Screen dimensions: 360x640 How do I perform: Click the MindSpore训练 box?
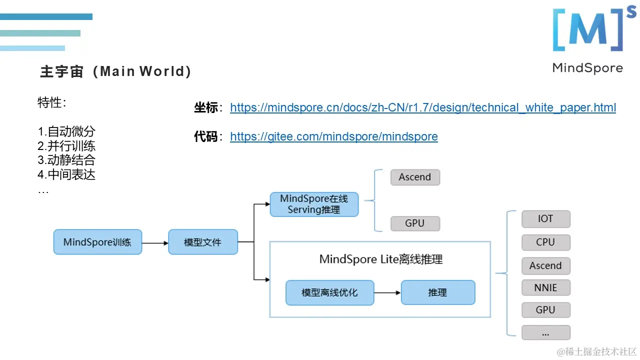97,242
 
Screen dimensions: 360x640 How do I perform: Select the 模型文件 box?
202,242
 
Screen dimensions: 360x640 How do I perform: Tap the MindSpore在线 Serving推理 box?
314,204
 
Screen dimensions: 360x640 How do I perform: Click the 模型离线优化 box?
329,292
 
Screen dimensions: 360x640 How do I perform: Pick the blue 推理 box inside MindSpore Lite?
437,292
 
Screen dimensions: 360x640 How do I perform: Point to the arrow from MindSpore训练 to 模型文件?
155,243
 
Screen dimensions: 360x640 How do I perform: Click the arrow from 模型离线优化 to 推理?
387,292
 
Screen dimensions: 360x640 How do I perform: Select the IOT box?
545,218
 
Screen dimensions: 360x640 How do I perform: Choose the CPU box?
545,242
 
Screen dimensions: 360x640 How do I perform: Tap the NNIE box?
545,287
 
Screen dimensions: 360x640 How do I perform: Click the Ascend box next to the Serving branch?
414,177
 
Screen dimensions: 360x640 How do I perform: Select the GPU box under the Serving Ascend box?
414,223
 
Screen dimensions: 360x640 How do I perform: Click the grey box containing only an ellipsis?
545,332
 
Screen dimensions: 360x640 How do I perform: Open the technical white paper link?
422,107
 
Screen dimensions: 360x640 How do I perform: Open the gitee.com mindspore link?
333,136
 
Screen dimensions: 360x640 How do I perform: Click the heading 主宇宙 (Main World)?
115,71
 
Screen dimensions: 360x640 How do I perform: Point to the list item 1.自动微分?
66,131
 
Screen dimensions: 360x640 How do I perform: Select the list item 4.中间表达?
66,174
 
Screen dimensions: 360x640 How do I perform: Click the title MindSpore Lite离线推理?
380,259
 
